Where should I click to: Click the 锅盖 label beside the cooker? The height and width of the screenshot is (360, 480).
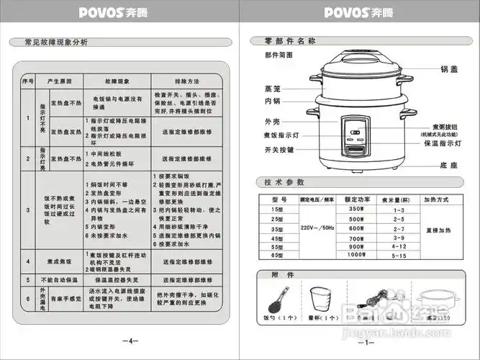[x=449, y=70]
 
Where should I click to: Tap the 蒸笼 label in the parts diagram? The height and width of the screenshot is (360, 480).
[x=272, y=88]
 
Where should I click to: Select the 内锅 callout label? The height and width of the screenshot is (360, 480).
[x=271, y=101]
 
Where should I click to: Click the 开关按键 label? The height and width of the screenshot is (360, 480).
[x=279, y=149]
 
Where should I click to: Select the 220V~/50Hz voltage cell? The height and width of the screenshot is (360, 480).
[x=317, y=228]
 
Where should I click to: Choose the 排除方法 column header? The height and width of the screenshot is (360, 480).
[x=187, y=80]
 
